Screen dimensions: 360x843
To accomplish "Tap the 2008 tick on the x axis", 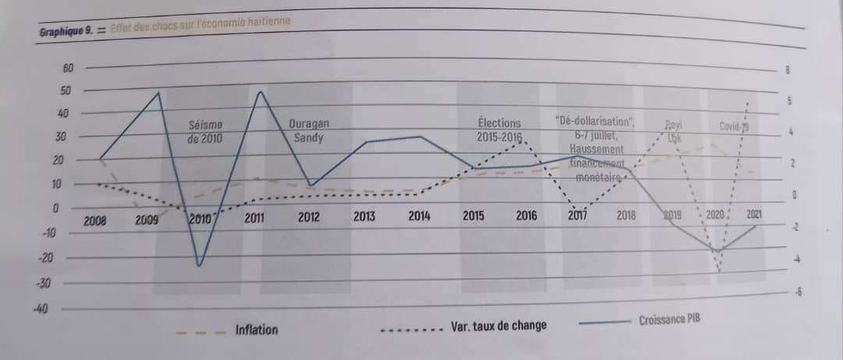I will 95,222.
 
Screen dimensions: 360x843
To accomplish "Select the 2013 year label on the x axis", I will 365,218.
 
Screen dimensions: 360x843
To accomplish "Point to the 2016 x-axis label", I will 527,216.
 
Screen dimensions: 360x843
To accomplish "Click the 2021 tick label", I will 755,214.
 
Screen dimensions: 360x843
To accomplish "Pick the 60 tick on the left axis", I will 67,69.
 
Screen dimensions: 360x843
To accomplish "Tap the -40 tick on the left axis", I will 41,310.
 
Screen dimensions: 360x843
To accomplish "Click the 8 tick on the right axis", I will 788,71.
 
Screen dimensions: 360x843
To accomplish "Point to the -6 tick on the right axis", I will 796,293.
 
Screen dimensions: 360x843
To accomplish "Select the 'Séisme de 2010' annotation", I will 206,131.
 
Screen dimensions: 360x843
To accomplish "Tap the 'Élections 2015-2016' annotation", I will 500,130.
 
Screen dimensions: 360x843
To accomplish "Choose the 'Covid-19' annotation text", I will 735,127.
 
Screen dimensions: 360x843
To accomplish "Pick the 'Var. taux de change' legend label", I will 498,326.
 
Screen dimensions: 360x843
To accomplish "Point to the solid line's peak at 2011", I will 259,92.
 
